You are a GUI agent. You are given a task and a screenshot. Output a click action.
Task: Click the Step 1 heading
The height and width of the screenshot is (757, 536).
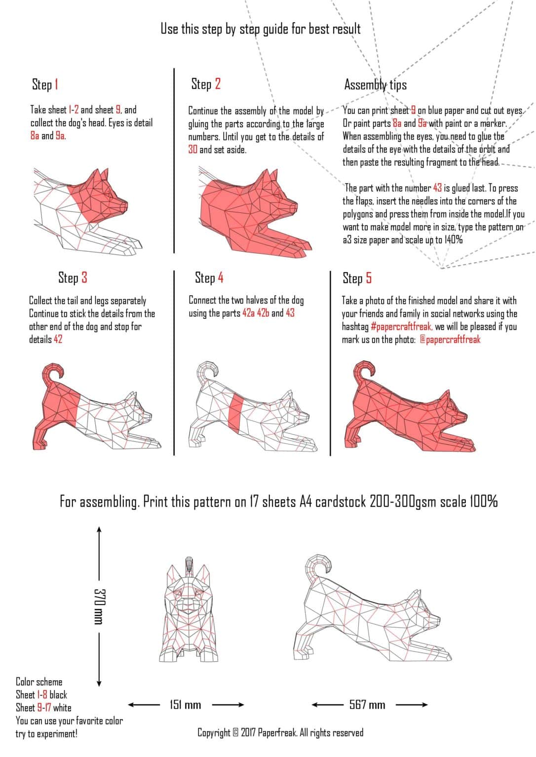(x=45, y=84)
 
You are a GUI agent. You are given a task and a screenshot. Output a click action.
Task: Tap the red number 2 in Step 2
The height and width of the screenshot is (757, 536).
(x=218, y=84)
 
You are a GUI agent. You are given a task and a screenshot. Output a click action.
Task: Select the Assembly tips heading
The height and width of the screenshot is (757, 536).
(x=375, y=85)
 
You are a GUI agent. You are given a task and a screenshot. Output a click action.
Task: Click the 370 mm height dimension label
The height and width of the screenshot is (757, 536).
(x=99, y=606)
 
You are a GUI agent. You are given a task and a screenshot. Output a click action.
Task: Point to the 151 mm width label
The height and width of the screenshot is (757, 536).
(x=185, y=705)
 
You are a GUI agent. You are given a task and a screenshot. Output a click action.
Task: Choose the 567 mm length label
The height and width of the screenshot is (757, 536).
(x=367, y=705)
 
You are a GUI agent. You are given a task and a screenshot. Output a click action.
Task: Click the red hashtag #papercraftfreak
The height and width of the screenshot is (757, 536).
(x=401, y=326)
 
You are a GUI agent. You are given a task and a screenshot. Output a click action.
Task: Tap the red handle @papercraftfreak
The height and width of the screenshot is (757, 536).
(x=450, y=340)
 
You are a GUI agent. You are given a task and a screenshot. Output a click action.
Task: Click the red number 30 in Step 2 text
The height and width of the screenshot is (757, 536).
(x=192, y=149)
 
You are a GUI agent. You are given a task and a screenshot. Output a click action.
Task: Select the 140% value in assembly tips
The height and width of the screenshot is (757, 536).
(x=454, y=240)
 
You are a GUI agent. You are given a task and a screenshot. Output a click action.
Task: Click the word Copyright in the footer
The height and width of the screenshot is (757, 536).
(x=214, y=732)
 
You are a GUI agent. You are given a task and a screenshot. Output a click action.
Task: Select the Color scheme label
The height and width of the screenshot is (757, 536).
(x=39, y=682)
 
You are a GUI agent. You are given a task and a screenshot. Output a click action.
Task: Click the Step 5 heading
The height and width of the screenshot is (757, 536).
(x=357, y=278)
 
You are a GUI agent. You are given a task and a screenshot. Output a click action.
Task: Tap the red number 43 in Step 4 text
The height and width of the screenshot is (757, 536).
(x=290, y=313)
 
